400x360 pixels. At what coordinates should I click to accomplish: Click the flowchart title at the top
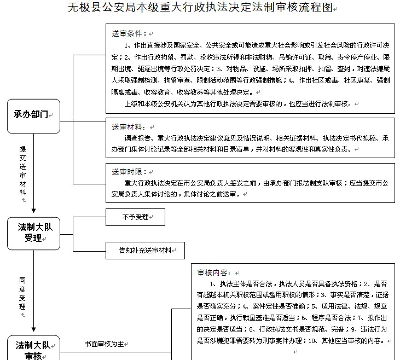[x=200, y=8]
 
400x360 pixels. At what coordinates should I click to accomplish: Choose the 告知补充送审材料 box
[x=144, y=250]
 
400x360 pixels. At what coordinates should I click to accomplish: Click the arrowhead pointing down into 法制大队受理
[x=33, y=211]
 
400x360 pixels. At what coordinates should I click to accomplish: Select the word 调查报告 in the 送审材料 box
[x=138, y=138]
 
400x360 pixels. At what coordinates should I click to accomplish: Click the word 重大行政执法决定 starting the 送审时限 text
[x=151, y=183]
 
